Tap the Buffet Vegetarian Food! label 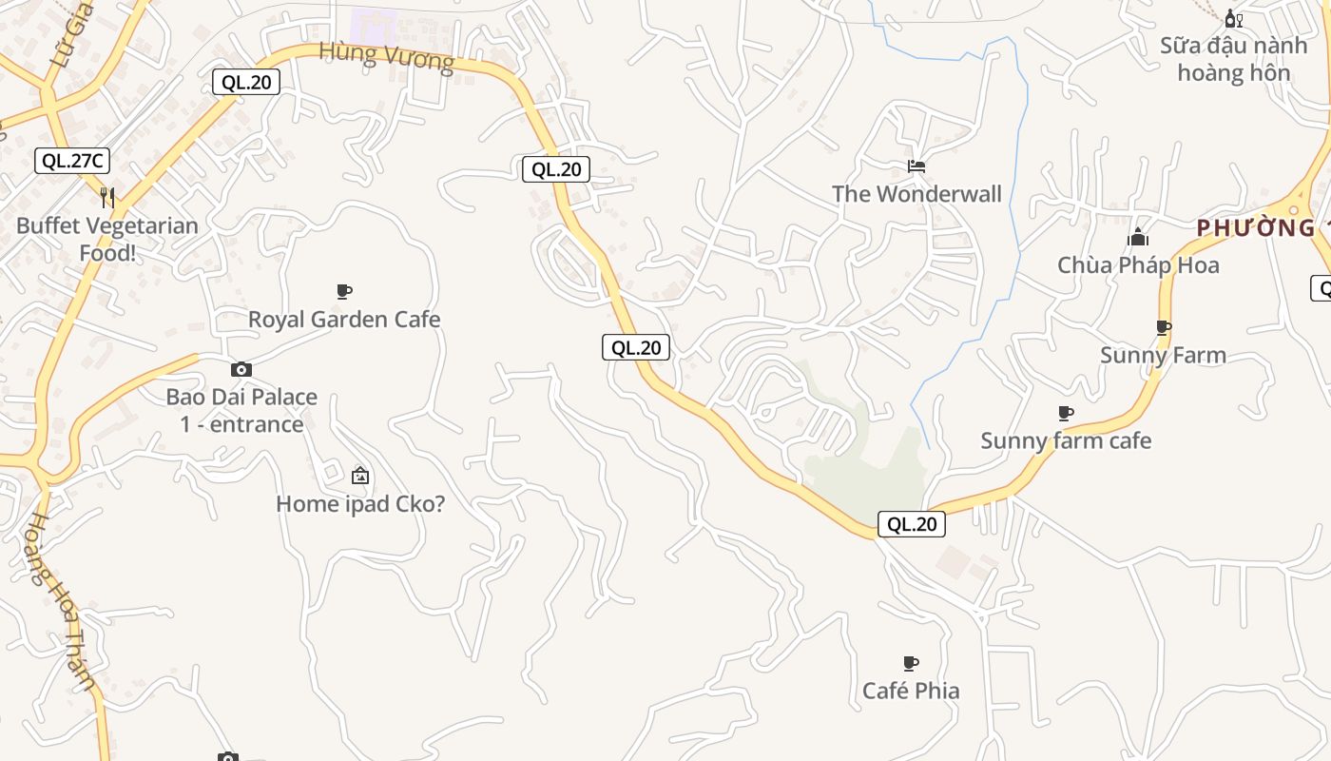point(107,240)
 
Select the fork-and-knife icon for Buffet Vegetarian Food point(107,198)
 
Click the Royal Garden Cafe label point(344,320)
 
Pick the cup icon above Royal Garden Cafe point(344,291)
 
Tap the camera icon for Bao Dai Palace point(241,369)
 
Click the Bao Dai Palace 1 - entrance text point(241,410)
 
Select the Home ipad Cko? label point(360,504)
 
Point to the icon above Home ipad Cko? point(360,476)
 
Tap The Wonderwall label point(916,194)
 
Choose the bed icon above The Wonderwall point(916,166)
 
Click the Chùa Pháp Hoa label point(1138,265)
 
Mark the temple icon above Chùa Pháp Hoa point(1138,237)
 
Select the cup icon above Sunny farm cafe point(1066,413)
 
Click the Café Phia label point(911,691)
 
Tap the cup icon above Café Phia point(911,663)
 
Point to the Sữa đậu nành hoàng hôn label point(1233,59)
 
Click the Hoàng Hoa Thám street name point(63,601)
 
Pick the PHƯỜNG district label point(1256,228)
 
